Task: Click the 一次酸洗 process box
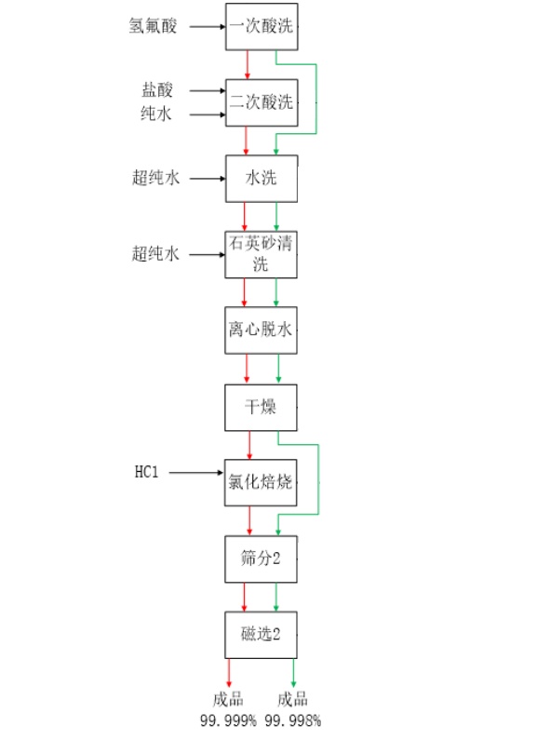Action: coord(262,26)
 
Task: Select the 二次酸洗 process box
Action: coord(262,102)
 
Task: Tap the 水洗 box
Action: coord(262,179)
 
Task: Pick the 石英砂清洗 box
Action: coord(261,254)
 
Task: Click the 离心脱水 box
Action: coord(261,330)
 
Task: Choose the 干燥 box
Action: coord(261,408)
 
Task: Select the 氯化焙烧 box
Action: coord(261,482)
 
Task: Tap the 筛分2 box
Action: coord(261,558)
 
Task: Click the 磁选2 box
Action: coord(261,635)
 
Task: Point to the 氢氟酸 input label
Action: coord(153,25)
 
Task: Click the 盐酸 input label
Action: coord(157,89)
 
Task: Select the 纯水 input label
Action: coord(156,114)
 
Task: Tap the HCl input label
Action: coord(146,472)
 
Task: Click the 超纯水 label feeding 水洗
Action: coord(155,178)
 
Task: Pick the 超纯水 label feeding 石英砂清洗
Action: coord(155,254)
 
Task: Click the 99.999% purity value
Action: coord(228,720)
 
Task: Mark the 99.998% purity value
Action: coord(292,720)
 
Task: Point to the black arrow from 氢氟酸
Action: coord(208,26)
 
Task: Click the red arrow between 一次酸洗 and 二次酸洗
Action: coord(247,64)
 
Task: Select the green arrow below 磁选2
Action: coord(293,673)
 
